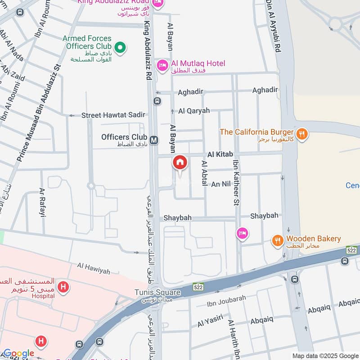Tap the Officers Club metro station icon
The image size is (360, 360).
point(154,140)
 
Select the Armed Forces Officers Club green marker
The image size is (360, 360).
point(120,47)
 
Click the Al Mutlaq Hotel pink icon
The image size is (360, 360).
point(162,66)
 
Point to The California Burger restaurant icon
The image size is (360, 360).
point(302,133)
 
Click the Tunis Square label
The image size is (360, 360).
point(157,292)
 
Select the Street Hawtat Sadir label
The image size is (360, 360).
point(113,115)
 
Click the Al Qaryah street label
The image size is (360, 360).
point(194,111)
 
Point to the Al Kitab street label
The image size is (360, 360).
point(220,154)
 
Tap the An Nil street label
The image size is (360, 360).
point(221,184)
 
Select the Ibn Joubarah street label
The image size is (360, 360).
point(226,304)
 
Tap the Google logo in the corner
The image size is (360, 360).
point(18,353)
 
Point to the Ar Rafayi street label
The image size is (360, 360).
point(43,202)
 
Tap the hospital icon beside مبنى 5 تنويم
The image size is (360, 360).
point(64,287)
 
